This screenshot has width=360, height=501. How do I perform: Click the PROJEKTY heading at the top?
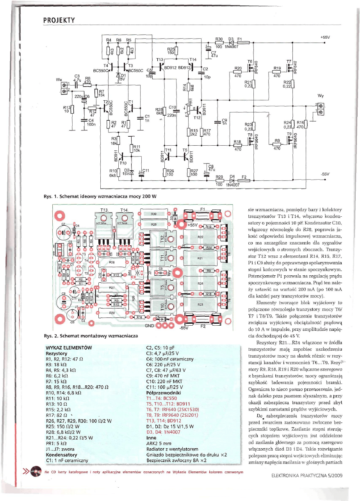59,20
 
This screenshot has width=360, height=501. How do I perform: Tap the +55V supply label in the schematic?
325,37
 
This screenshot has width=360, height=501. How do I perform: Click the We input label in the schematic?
59,80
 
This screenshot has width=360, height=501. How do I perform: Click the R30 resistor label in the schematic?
219,39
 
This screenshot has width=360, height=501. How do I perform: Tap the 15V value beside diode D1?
121,79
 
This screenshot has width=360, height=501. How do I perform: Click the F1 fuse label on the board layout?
203,209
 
